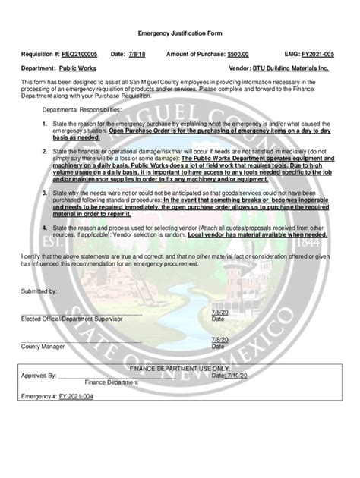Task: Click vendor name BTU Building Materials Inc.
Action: coord(292,68)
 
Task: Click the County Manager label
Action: coord(43,345)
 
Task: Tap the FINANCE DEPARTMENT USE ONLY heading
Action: coord(179,366)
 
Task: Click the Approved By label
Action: coord(39,375)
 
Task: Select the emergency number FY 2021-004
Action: coord(77,396)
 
